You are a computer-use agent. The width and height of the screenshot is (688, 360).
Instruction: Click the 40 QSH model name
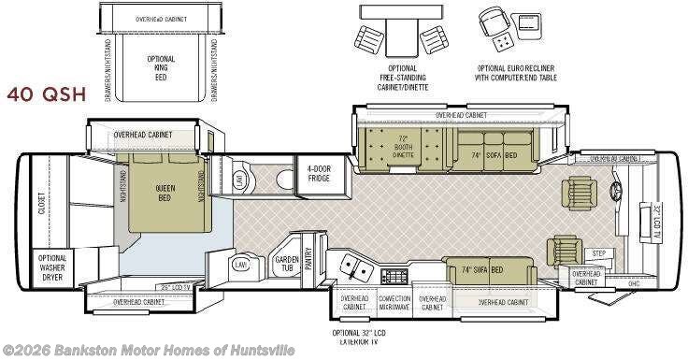tap(47, 94)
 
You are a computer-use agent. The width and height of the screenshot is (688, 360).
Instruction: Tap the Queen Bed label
tap(165, 193)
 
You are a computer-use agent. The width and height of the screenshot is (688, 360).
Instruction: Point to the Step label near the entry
tap(599, 253)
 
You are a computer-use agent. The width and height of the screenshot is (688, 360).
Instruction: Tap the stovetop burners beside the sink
tap(394, 276)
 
